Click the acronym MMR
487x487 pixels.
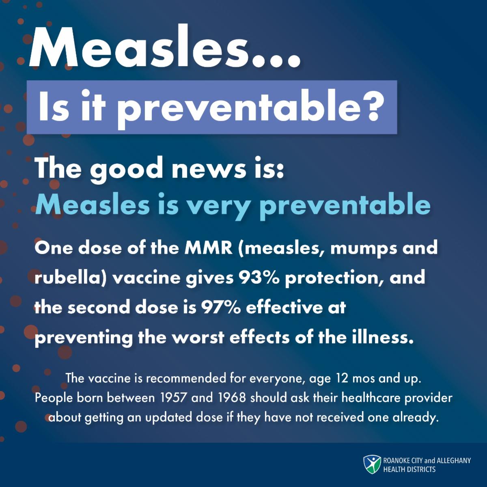point(208,247)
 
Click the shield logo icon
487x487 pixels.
point(372,465)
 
